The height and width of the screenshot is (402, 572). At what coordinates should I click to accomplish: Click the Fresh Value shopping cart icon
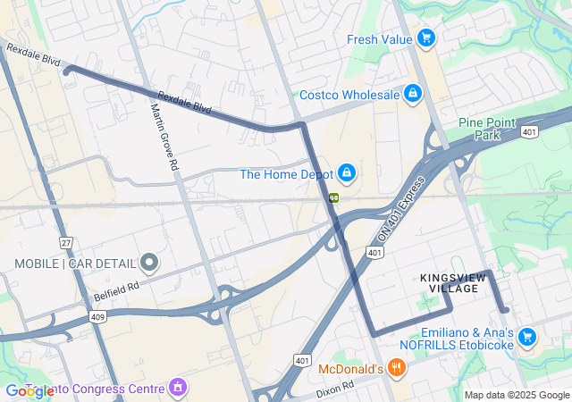[425, 38]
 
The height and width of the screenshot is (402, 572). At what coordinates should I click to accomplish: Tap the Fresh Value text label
[379, 39]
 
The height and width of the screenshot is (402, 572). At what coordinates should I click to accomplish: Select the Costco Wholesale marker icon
[412, 93]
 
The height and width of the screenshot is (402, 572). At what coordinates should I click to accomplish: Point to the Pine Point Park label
[483, 129]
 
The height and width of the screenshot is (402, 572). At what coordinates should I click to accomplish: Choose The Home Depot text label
[286, 174]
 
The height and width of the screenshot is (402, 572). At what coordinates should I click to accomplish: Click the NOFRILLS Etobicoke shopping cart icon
[527, 336]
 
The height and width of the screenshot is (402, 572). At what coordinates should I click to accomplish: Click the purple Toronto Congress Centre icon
[178, 388]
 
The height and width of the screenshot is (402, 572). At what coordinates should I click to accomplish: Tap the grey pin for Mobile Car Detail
[149, 263]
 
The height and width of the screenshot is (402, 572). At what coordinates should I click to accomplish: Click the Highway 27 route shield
[65, 242]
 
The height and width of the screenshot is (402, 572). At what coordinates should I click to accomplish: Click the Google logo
[29, 391]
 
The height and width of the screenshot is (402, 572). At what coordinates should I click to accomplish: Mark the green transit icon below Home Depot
[332, 197]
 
